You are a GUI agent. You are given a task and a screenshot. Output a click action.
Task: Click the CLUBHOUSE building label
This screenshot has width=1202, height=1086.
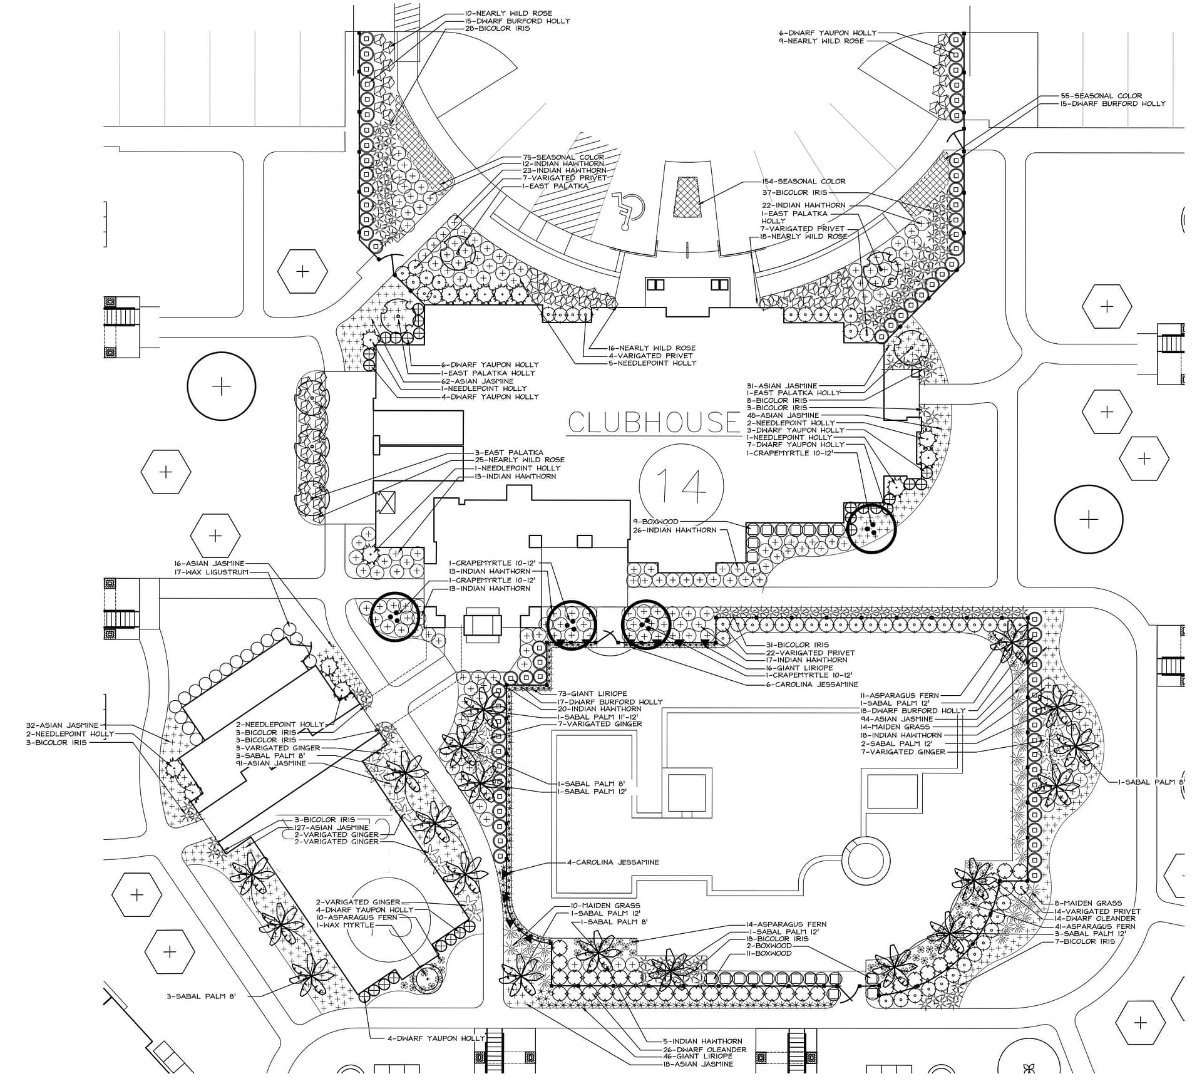(654, 423)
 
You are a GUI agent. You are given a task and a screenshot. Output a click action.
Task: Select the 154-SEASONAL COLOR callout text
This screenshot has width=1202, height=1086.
(803, 182)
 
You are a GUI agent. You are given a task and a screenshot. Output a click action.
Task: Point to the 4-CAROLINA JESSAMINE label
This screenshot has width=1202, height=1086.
(613, 862)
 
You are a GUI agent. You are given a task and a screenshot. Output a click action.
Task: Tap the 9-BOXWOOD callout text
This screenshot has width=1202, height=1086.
(655, 521)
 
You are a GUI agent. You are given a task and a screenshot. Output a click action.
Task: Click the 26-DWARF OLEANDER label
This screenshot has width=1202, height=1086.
(705, 1049)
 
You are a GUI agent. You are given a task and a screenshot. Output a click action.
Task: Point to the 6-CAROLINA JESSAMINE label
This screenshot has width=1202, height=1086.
(812, 684)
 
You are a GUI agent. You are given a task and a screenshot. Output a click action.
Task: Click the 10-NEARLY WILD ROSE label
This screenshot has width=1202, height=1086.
(508, 13)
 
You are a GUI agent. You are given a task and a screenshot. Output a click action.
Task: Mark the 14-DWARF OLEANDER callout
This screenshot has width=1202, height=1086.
(1094, 918)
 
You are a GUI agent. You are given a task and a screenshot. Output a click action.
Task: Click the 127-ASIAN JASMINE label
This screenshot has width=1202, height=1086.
(331, 827)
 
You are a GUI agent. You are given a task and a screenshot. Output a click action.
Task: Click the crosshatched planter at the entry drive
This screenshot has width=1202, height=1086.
(687, 197)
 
